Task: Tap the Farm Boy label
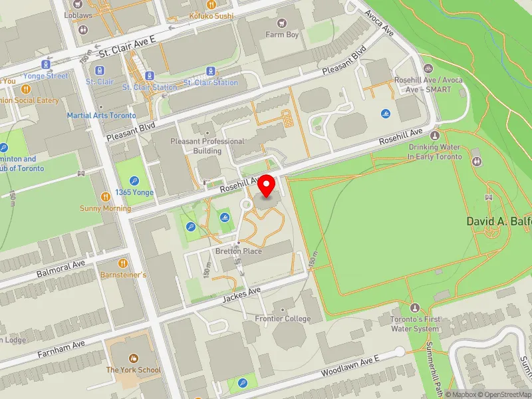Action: click(x=284, y=35)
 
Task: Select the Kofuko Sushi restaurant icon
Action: click(x=211, y=3)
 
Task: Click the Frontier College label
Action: click(x=283, y=319)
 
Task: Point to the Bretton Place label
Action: click(x=238, y=251)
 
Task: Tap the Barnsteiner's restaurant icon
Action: click(x=122, y=263)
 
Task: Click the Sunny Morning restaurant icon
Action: click(x=105, y=197)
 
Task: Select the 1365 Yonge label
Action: click(x=134, y=192)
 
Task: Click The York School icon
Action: click(x=134, y=359)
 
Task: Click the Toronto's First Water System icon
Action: click(x=415, y=308)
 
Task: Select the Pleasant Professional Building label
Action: click(x=207, y=146)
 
